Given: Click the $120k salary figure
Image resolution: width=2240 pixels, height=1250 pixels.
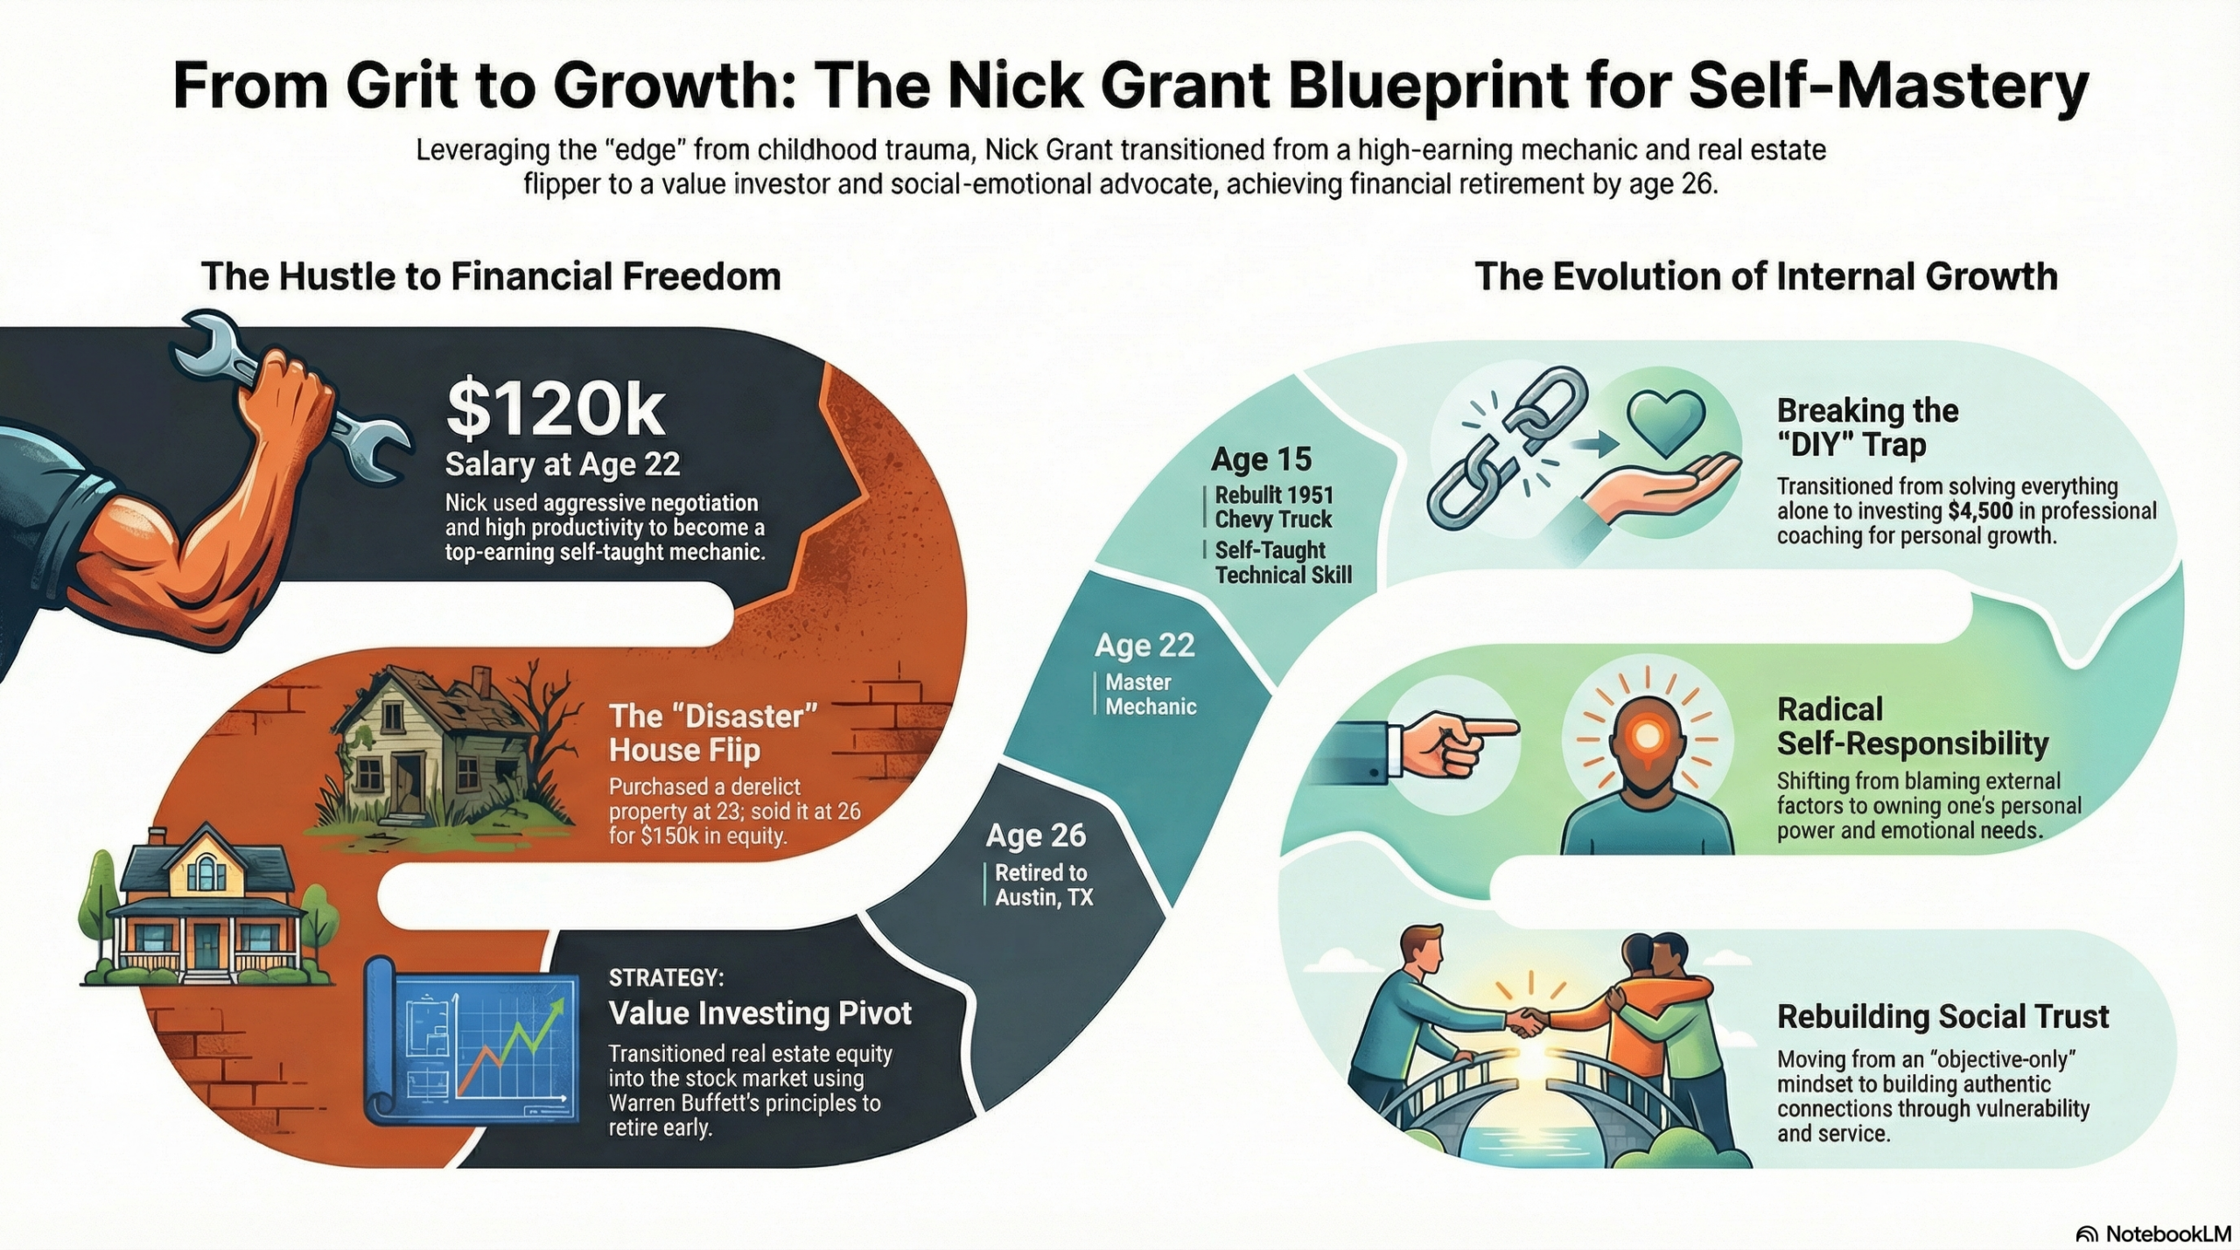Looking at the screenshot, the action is pos(555,409).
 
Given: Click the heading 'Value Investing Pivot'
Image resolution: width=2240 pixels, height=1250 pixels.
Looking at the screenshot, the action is pos(759,1013).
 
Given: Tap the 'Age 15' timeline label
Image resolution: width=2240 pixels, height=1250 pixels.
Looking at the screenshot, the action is pos(1261,459).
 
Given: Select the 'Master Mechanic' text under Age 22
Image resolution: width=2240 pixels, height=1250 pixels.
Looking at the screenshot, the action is pos(1150,694).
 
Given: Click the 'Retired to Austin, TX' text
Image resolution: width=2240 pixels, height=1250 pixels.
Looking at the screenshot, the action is pos(1043,884).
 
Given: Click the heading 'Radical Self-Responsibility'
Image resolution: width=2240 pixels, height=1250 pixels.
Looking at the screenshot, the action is pos(1912,726).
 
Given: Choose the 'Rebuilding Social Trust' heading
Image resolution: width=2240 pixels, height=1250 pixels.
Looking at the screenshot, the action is pos(1942,1016).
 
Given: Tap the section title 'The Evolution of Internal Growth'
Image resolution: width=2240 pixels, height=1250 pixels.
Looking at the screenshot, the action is pos(1766,276).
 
